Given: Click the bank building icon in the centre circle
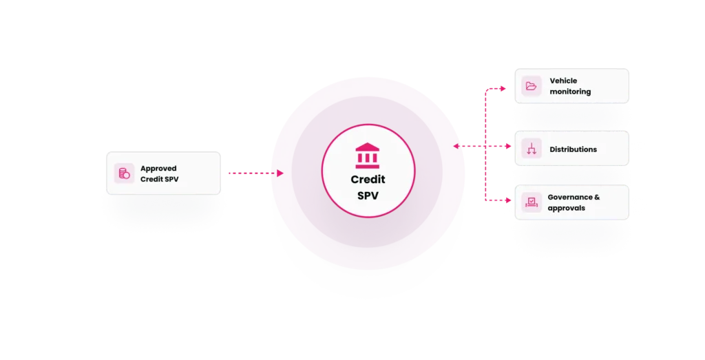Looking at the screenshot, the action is click(x=368, y=156).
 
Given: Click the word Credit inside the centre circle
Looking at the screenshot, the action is click(x=368, y=180).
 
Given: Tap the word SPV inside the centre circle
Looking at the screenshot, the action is click(x=368, y=196).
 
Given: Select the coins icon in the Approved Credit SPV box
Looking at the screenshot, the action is click(x=124, y=173).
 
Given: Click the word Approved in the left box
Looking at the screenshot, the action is click(x=158, y=169).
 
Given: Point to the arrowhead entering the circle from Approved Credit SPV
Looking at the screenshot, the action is click(x=280, y=173).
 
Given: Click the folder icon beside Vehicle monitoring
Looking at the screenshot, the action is click(x=531, y=86).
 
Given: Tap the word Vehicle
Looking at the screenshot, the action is click(x=563, y=81).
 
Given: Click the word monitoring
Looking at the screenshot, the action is click(x=570, y=92).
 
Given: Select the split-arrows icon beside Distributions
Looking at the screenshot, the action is click(x=532, y=149).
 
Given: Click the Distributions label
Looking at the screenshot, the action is click(x=574, y=149).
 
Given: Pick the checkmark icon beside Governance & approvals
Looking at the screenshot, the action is click(x=532, y=202).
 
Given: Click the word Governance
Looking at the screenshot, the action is click(x=569, y=198).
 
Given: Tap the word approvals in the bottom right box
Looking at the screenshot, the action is click(x=566, y=208).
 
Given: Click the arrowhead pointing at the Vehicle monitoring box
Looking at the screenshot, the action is click(x=503, y=89).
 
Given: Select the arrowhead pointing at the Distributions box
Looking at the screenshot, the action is click(x=509, y=146).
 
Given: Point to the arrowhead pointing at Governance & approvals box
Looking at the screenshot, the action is click(x=509, y=200).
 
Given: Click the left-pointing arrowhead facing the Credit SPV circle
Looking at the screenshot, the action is click(x=456, y=146).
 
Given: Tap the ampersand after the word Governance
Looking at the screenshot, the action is click(x=597, y=198).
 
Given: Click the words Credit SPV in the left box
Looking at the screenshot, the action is click(x=159, y=180).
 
